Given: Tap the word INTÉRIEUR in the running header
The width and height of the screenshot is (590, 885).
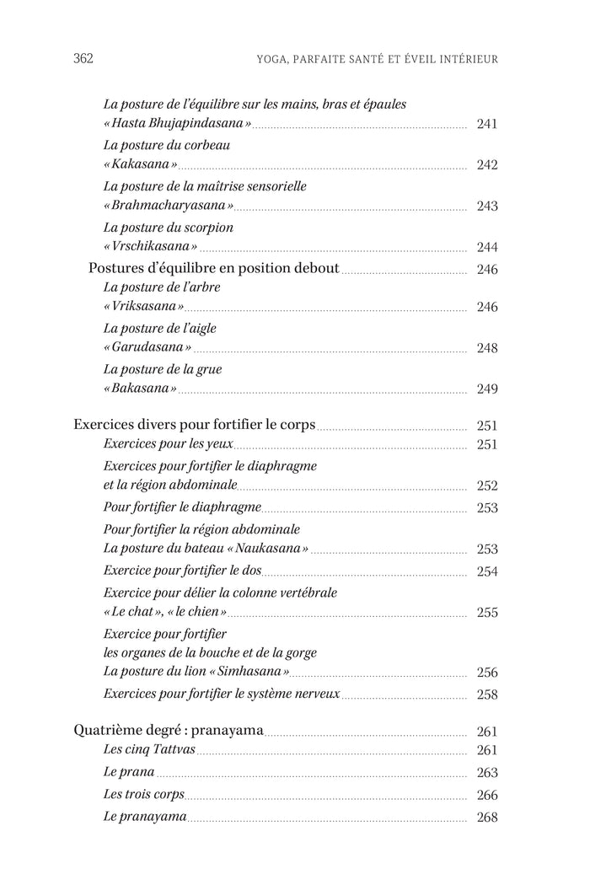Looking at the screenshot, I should (x=465, y=59).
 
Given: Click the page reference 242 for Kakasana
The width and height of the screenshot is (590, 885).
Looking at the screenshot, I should (x=487, y=165).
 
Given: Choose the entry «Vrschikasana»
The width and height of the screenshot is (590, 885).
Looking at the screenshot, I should (x=150, y=247).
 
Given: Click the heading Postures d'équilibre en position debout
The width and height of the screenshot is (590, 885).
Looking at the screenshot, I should (x=214, y=269).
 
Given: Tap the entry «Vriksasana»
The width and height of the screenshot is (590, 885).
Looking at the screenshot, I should (x=143, y=308).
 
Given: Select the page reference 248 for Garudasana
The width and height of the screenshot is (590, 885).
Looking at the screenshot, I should (x=487, y=348).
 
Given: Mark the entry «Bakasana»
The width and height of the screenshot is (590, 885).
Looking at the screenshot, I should (x=140, y=389).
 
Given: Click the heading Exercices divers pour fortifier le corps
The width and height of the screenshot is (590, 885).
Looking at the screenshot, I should (x=195, y=426).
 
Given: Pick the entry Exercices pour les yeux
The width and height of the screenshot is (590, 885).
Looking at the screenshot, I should (x=168, y=444).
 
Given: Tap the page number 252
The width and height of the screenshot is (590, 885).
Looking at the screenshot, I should (x=487, y=485).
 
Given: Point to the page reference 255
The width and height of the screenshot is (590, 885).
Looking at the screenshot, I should (x=487, y=613).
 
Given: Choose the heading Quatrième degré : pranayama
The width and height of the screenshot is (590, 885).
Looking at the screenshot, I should (x=169, y=731).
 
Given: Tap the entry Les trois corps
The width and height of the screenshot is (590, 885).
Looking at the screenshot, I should (x=143, y=795).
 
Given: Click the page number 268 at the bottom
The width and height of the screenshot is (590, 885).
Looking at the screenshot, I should (x=487, y=818).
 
